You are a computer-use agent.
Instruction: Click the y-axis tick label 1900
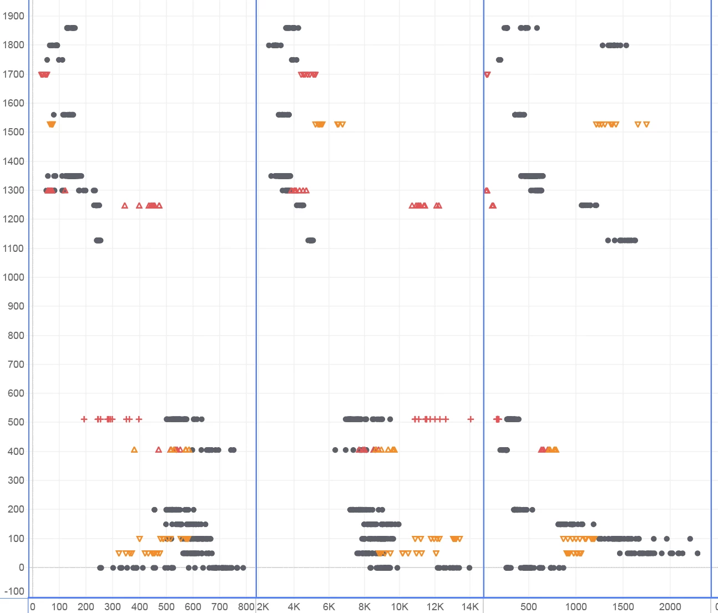coord(13,16)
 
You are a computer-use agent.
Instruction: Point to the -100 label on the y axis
coord(13,592)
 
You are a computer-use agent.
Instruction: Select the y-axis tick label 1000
coord(13,277)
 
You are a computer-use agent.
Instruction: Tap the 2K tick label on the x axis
coord(263,606)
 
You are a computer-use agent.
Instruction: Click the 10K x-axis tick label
coord(400,606)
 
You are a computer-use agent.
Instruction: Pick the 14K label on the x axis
coord(470,606)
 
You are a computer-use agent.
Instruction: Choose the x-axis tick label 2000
coord(670,606)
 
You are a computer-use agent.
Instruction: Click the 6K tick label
coord(329,606)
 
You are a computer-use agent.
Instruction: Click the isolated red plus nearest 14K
coord(471,419)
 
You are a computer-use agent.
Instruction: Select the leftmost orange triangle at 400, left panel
coord(134,450)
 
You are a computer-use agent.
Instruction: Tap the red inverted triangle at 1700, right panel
coord(487,74)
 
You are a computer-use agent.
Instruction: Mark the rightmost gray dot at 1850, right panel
coord(537,28)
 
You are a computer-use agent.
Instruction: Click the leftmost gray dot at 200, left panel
coord(154,510)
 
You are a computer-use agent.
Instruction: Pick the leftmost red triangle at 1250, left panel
coord(125,206)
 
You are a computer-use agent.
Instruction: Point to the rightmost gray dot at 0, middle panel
coord(469,568)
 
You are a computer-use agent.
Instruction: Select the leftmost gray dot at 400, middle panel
coord(335,450)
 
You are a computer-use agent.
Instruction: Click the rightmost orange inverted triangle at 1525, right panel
coord(646,125)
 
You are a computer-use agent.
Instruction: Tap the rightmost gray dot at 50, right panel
coord(697,553)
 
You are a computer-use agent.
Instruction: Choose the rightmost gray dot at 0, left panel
coord(243,568)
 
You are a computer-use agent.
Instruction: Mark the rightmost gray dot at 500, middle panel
coord(390,419)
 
